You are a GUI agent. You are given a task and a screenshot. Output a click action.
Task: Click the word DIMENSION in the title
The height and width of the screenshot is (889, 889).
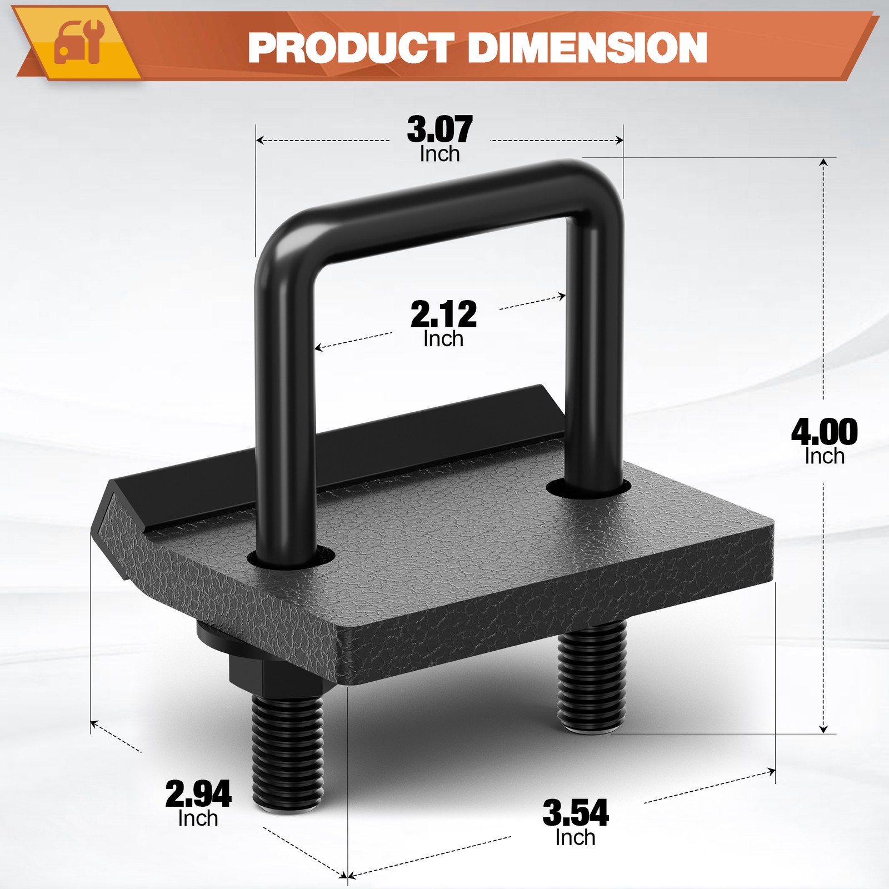(x=587, y=48)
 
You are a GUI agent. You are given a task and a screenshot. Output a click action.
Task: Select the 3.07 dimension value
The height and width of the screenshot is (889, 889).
(x=439, y=129)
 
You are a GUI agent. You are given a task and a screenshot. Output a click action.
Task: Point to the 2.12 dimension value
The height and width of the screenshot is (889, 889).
(x=443, y=314)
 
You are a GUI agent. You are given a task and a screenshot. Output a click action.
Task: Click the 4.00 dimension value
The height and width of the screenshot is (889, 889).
(x=824, y=432)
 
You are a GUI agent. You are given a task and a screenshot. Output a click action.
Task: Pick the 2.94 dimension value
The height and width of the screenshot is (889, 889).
(x=198, y=794)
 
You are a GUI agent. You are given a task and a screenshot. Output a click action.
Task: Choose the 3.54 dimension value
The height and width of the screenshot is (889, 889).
(x=576, y=813)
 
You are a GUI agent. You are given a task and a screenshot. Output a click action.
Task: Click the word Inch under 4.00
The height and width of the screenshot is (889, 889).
(x=825, y=457)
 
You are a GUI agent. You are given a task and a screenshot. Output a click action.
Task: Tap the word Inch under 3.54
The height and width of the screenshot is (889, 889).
(x=576, y=837)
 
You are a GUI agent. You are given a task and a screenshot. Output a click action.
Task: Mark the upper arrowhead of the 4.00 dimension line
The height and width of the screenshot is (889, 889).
(x=824, y=162)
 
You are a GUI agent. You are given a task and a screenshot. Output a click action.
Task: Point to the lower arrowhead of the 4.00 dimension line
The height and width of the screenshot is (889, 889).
(x=824, y=728)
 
